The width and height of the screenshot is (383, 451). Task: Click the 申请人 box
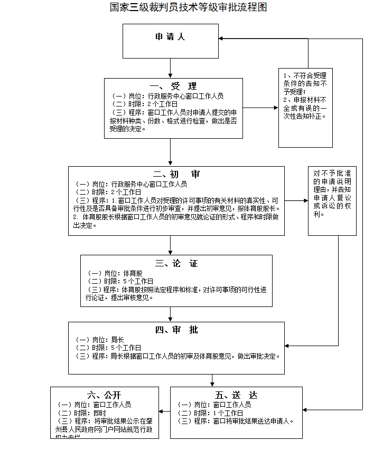coord(170,37)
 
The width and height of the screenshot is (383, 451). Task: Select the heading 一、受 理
coord(173,87)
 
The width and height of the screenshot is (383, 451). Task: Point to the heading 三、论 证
coord(176,263)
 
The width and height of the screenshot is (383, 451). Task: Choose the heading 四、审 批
coord(176,330)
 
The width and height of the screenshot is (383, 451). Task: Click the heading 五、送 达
coord(236,396)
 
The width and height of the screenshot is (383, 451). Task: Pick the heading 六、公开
coord(104,395)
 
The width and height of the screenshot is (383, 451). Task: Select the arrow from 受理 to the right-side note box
coord(261,108)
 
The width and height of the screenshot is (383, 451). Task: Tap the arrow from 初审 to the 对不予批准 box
coord(296,200)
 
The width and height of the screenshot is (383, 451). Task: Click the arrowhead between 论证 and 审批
coord(170,319)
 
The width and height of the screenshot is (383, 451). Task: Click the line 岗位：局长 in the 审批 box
coord(100,340)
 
